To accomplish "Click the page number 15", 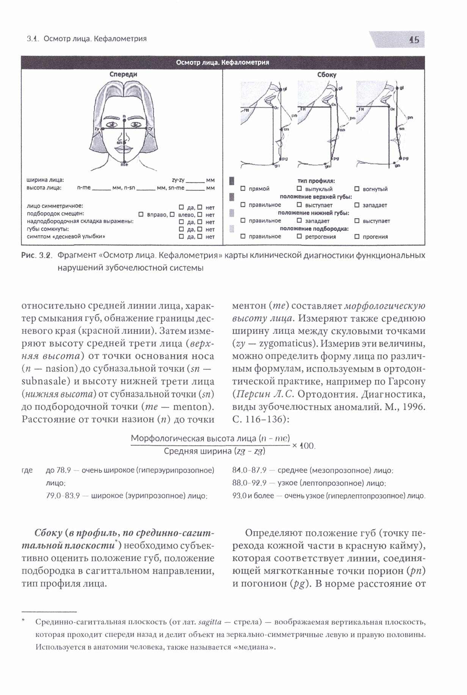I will point(414,40).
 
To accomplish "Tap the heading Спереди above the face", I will point(123,74).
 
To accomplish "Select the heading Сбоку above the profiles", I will point(327,75).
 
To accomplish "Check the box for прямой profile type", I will point(243,189).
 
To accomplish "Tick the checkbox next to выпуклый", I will point(299,189).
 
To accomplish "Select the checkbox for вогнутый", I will point(357,189).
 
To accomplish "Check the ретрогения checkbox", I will point(299,236).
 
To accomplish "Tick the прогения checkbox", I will point(357,236).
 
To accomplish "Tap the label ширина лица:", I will point(45,180).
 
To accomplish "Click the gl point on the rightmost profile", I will point(397,88).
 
